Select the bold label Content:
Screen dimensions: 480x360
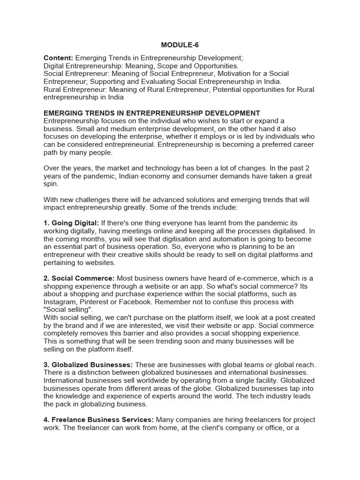(58, 58)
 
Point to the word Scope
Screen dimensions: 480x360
(169, 66)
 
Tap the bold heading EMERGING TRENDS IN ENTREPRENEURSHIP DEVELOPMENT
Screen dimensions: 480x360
(151, 113)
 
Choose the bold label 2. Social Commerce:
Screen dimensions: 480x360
(79, 278)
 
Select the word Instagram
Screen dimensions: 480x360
(61, 302)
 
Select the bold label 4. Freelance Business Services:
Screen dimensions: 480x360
(98, 420)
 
